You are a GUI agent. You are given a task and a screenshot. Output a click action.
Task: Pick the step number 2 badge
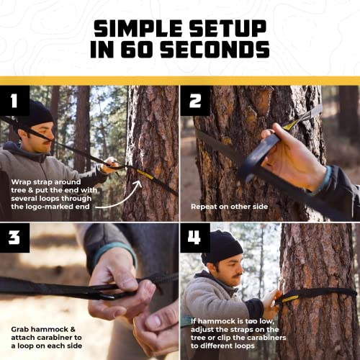pos(195,100)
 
